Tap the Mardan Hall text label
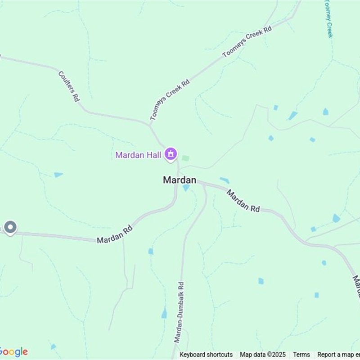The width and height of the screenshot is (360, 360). tap(138, 155)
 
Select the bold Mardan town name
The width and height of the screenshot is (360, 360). tap(180, 180)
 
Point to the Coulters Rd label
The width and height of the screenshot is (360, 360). tap(69, 85)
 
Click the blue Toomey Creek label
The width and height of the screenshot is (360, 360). tap(328, 19)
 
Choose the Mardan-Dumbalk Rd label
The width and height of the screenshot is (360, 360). tap(178, 312)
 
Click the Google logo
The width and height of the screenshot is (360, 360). tap(13, 352)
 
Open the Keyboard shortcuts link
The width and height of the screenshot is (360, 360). tap(206, 355)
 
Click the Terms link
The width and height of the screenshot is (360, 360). tap(301, 355)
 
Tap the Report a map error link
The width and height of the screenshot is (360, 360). tap(338, 355)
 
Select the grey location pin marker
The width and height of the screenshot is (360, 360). tap(10, 227)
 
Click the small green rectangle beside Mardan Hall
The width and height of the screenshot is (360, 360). tap(185, 158)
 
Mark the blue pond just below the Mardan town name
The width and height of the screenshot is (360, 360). tap(186, 188)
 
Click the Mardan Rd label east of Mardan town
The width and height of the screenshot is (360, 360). tap(243, 201)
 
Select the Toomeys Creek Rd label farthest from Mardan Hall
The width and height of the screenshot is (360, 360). tap(247, 42)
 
